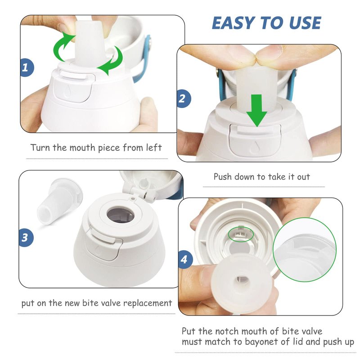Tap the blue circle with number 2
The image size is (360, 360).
(x=184, y=99)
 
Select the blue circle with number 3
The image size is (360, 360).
(x=26, y=238)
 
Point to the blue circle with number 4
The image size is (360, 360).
(x=185, y=260)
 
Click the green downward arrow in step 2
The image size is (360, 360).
(x=257, y=110)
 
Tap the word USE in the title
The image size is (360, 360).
(x=305, y=23)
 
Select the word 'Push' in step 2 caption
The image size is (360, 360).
(x=222, y=176)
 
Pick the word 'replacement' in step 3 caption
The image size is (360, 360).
(x=148, y=303)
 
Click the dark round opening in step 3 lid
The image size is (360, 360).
(x=121, y=215)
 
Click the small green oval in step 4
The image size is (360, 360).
(x=241, y=234)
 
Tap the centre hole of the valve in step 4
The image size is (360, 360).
(x=243, y=279)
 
